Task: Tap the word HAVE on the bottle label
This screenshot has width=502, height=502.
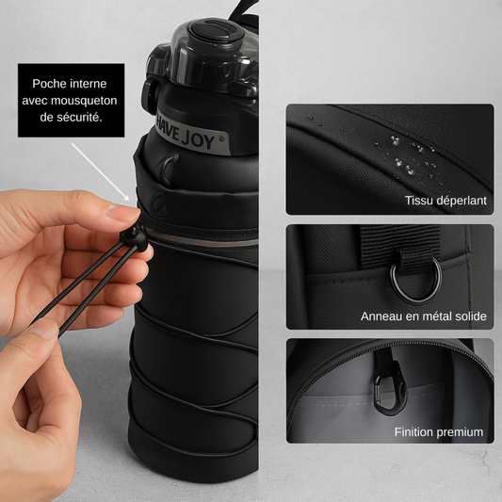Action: (167, 129)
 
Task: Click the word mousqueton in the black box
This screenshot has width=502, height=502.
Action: (84, 101)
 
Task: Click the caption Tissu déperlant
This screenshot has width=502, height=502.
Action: (445, 201)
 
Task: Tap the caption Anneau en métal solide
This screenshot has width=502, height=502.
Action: (424, 316)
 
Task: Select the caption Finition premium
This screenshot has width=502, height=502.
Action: (439, 432)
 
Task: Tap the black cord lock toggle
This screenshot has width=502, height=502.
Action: (135, 237)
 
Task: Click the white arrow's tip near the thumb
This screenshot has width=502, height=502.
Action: (129, 201)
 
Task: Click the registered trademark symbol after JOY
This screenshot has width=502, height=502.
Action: (221, 139)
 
